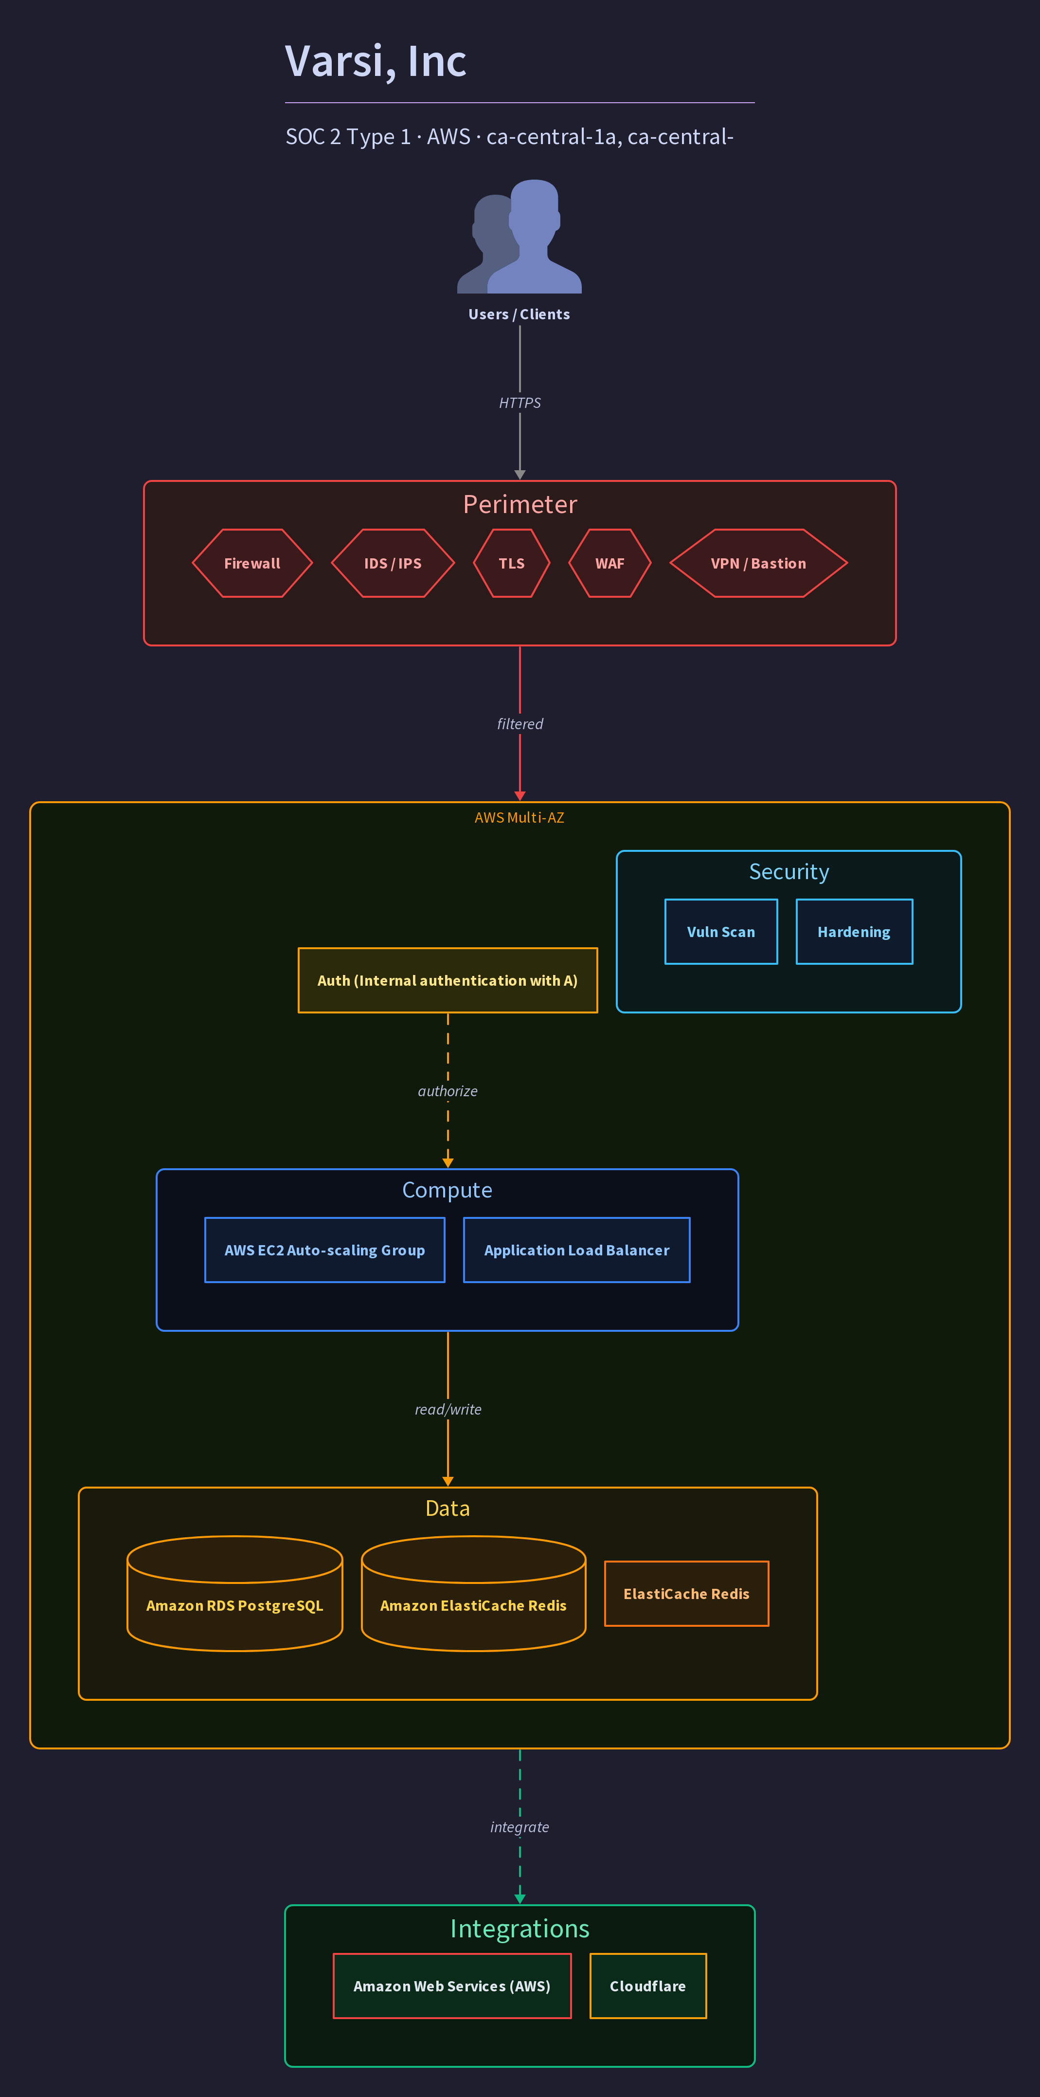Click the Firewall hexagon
(x=252, y=563)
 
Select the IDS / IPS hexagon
(x=393, y=563)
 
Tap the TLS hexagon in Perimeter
(x=512, y=563)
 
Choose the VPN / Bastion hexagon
(x=758, y=563)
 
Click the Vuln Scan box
(x=721, y=932)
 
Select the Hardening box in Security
(x=855, y=932)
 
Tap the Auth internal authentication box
(x=448, y=980)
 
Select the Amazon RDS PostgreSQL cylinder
(x=234, y=1594)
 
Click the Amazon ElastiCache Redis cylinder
(x=474, y=1594)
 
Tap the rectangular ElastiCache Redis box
(x=687, y=1594)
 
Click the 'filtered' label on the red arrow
(x=520, y=724)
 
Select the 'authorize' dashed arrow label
(x=448, y=1091)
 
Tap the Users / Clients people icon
(x=519, y=236)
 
